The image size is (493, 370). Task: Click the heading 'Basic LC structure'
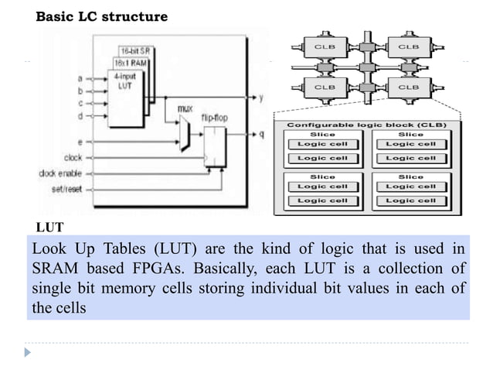[101, 16]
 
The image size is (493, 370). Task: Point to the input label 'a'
[81, 77]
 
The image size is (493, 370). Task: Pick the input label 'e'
[80, 142]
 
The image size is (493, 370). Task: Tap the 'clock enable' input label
[60, 173]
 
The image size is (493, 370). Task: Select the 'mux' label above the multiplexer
[185, 110]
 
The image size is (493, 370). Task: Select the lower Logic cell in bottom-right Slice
[410, 200]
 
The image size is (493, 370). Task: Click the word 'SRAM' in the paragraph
[58, 271]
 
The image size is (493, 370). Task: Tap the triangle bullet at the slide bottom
[29, 352]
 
